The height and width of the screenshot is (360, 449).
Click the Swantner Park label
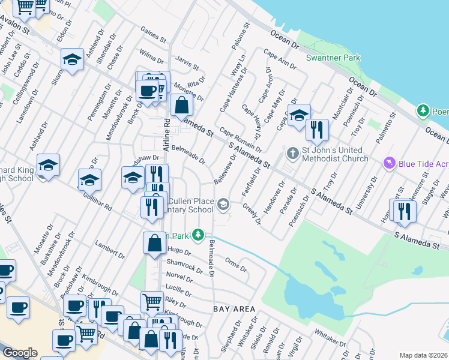coord(333,58)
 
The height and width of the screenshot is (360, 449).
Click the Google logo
coord(20,353)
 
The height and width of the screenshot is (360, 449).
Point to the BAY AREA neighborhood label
coord(234,308)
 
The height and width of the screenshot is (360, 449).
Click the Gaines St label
coord(153,36)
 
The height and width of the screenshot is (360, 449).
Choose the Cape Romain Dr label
coord(241,139)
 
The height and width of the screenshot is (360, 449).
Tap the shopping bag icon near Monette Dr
coord(181,106)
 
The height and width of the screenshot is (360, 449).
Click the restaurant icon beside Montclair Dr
coord(316,129)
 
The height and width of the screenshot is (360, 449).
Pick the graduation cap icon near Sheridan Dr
coord(72,60)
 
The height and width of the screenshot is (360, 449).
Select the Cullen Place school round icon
coord(223,205)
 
